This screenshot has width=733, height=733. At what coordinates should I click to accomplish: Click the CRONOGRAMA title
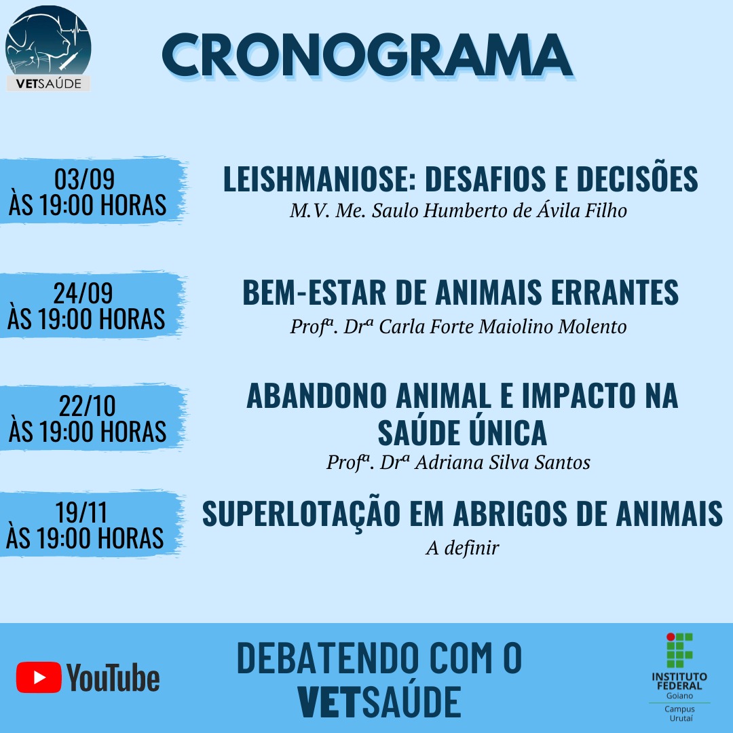tap(367, 55)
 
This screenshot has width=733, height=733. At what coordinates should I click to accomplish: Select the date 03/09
tap(85, 178)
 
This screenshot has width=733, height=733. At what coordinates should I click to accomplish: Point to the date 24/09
tap(83, 293)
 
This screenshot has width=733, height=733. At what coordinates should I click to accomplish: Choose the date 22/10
tap(88, 405)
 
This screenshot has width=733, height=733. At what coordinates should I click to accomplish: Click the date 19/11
tap(81, 512)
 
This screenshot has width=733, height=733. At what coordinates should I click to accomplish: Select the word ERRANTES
tap(615, 293)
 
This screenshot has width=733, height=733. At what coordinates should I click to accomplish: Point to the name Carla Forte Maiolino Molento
tap(502, 326)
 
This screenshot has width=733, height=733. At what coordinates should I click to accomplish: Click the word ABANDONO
tap(316, 396)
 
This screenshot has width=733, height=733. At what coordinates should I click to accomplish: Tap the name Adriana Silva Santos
tap(502, 462)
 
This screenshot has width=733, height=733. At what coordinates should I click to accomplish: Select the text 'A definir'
tap(462, 548)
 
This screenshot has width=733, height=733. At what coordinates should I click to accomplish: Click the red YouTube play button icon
tap(39, 677)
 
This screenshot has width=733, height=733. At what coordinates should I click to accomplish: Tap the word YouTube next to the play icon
tap(113, 677)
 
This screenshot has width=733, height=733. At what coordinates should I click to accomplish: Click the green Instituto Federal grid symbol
tap(679, 650)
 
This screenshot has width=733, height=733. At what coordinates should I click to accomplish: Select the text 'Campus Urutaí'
tap(680, 713)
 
